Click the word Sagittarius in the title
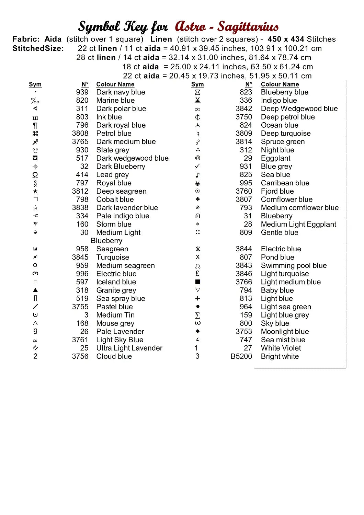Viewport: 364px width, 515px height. click(x=248, y=26)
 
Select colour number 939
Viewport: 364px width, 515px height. click(x=82, y=92)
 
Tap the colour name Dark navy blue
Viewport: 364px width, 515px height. click(x=121, y=92)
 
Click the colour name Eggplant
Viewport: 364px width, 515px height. click(x=275, y=158)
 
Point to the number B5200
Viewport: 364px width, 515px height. click(x=241, y=356)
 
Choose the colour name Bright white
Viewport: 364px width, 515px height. click(x=280, y=356)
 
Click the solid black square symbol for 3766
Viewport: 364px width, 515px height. click(x=197, y=282)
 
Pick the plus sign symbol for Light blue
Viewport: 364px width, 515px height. click(x=197, y=298)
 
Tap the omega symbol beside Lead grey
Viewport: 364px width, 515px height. click(x=35, y=175)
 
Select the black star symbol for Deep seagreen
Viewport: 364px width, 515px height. click(x=35, y=191)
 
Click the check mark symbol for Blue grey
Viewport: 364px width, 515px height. click(x=197, y=166)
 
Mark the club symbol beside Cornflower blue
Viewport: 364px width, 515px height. click(x=197, y=199)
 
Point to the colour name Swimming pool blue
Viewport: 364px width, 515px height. click(x=294, y=265)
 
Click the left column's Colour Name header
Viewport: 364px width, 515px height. click(x=115, y=84)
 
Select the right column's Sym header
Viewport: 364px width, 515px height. click(x=197, y=84)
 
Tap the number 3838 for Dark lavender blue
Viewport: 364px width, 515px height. click(x=80, y=208)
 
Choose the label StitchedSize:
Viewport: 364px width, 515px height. click(x=38, y=48)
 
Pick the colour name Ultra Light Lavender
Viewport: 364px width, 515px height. click(x=129, y=348)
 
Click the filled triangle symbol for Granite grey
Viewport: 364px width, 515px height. click(x=35, y=290)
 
